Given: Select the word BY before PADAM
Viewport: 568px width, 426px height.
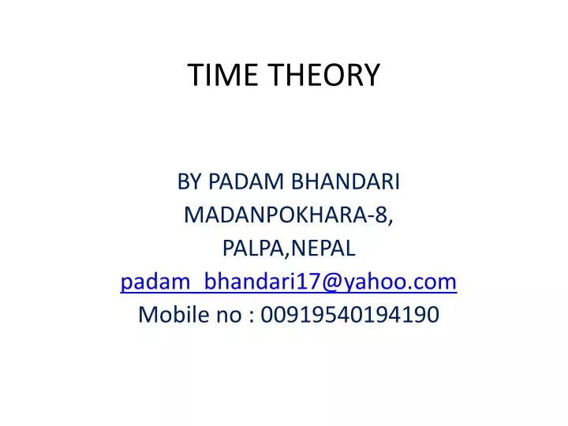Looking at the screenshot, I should coord(189,182).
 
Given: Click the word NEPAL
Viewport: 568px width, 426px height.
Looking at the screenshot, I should coord(324,248).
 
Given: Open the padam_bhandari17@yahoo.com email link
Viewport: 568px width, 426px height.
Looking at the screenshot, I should coord(289,282).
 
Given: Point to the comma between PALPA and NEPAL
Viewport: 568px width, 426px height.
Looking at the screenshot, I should coord(290,255).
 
